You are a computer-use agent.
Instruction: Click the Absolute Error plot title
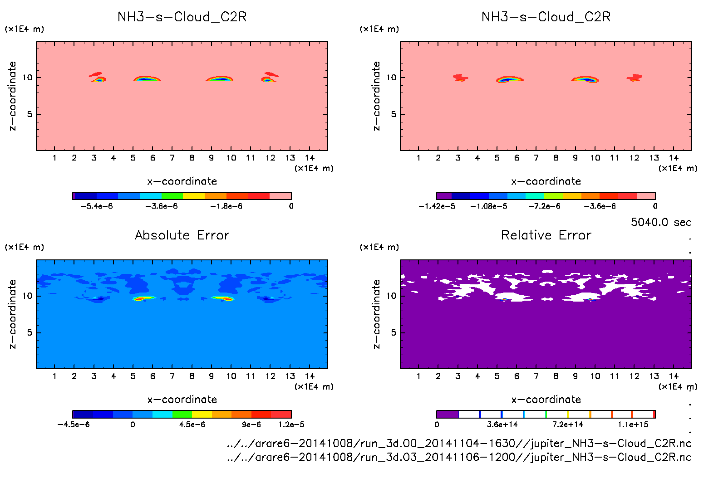coord(182,235)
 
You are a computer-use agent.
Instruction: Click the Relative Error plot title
coord(546,235)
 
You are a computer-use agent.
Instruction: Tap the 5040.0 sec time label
coord(661,222)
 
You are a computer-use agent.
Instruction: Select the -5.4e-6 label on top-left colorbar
coord(97,206)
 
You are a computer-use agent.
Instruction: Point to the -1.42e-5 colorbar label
coord(437,206)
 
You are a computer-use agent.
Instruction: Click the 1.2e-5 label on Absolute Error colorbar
coord(291,425)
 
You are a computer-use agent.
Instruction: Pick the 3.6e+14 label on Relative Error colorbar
coord(502,425)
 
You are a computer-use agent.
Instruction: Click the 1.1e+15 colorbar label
coord(633,425)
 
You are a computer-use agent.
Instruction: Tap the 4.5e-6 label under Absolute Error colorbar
coord(192,425)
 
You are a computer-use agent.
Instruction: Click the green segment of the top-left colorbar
coord(172,196)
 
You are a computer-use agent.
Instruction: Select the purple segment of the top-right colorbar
coord(444,196)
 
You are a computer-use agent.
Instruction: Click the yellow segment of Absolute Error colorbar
coord(202,414)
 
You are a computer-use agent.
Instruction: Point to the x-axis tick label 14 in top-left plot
coord(310,158)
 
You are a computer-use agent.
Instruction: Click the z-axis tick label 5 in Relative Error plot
coord(394,333)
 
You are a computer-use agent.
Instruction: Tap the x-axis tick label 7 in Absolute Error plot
coord(172,376)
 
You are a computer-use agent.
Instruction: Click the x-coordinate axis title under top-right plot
coord(546,181)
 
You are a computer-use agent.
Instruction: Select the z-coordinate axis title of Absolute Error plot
coord(12,314)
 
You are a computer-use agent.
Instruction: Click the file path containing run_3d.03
coord(459,457)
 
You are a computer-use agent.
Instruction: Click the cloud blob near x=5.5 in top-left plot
coord(146,79)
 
